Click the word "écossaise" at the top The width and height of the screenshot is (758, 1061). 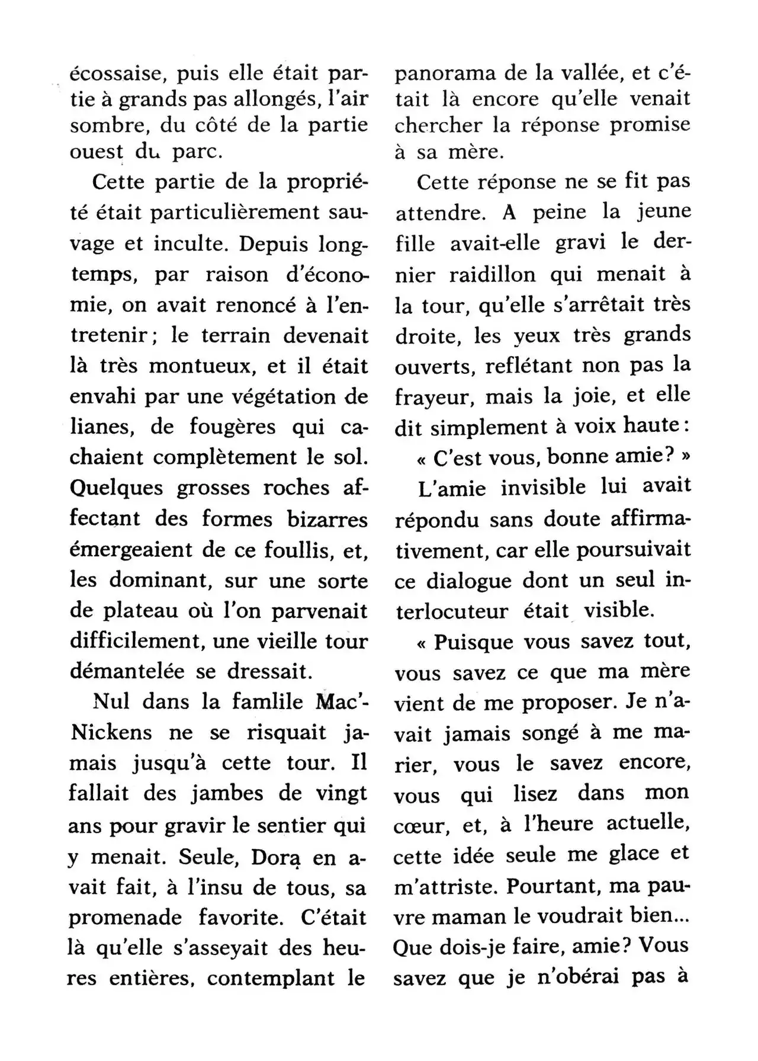tap(123, 75)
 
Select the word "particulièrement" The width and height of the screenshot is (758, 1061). tap(226, 213)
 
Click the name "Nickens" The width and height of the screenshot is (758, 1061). tap(111, 733)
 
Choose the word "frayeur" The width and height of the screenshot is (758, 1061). tap(435, 396)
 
